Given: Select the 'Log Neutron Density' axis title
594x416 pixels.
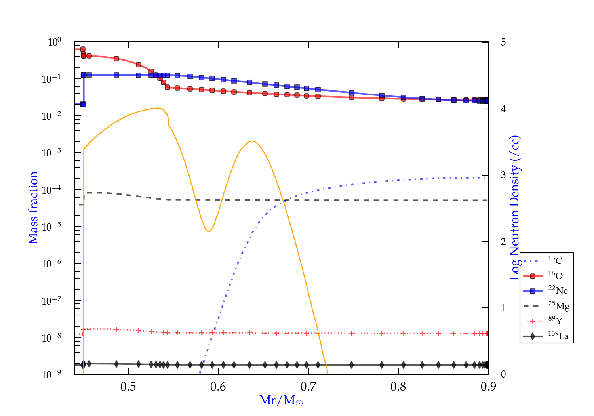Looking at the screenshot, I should click(x=514, y=208).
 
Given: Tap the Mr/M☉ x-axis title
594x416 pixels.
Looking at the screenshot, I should click(x=281, y=401).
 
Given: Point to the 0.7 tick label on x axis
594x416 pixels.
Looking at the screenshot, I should click(x=308, y=387).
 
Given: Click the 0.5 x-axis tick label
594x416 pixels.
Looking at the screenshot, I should click(x=128, y=387).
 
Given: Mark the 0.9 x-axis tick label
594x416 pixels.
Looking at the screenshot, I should click(x=488, y=387).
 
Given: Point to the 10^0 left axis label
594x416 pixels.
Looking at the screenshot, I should click(x=54, y=42).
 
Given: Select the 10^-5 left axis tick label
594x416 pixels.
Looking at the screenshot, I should click(x=51, y=227).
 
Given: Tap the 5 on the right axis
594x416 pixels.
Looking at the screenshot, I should click(x=503, y=42).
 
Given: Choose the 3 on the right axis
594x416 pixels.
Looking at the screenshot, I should click(x=503, y=175).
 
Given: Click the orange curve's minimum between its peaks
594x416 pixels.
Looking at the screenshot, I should click(x=208, y=231).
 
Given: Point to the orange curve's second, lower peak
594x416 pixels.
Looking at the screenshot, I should click(x=252, y=141).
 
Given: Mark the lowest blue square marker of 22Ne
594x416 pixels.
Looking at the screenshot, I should click(x=83, y=104).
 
